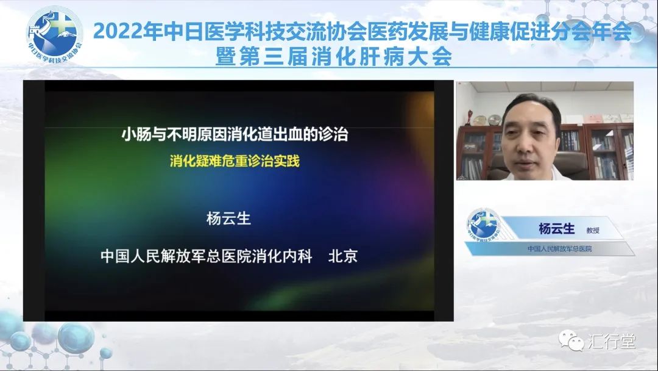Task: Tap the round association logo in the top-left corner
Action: (55, 35)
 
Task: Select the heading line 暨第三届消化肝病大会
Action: (334, 56)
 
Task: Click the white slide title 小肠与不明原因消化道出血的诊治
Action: (235, 134)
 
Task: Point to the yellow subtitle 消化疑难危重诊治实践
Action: (235, 160)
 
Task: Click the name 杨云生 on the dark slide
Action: (228, 218)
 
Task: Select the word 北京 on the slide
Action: (342, 256)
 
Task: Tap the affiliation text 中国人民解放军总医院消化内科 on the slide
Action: (206, 256)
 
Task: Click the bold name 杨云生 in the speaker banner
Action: (556, 229)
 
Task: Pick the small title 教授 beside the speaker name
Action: (593, 230)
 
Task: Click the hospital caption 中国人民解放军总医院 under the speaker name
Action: (559, 249)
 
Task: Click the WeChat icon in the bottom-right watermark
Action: (571, 340)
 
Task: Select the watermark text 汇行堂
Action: (611, 341)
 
